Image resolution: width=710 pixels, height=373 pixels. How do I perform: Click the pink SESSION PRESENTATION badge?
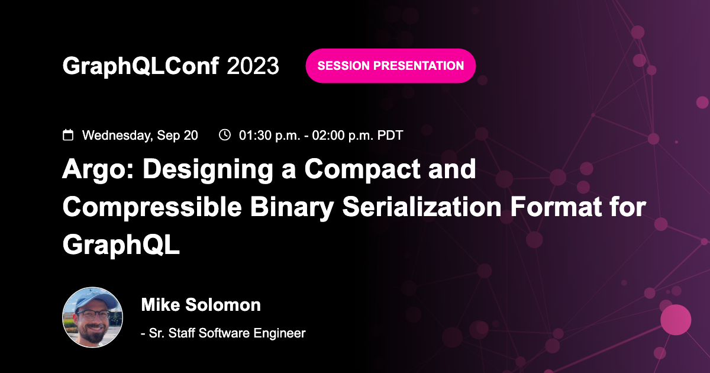click(390, 66)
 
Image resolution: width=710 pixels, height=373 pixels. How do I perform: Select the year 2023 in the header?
click(253, 66)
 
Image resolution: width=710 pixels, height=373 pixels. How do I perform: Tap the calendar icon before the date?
click(68, 135)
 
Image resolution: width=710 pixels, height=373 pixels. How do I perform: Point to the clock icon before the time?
click(225, 135)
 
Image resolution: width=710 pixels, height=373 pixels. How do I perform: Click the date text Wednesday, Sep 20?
click(140, 135)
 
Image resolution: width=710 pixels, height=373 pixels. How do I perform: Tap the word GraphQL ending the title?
click(121, 245)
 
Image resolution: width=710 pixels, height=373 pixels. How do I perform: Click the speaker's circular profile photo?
click(93, 318)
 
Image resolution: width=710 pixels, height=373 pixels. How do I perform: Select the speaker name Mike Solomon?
click(201, 305)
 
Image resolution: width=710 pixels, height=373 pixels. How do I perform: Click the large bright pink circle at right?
click(675, 320)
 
